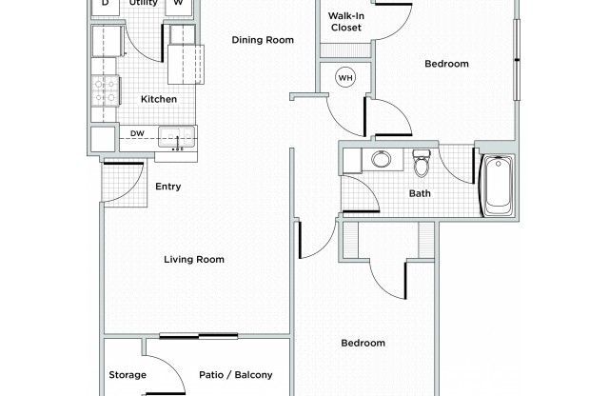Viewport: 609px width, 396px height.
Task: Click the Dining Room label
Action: point(264,40)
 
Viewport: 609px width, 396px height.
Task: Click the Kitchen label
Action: point(159,99)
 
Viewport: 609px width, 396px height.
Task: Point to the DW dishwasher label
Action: point(137,133)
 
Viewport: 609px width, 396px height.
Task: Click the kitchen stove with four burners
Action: point(105,90)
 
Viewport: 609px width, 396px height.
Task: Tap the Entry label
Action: point(168,187)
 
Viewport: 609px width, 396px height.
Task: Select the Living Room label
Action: point(194,259)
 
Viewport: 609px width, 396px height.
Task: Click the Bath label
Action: point(420,193)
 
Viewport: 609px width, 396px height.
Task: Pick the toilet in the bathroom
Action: point(422,165)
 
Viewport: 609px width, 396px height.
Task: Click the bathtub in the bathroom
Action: point(499,187)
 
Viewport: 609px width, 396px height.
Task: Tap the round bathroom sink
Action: point(382,159)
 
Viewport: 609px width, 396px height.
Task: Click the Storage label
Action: point(128,375)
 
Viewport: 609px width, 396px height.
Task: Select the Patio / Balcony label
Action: point(236,375)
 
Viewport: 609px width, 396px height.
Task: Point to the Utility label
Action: point(143,4)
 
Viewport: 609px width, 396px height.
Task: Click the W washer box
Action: point(178,5)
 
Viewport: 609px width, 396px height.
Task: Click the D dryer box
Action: point(105,5)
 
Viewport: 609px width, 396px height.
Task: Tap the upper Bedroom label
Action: point(446,64)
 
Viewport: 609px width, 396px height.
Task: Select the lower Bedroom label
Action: point(363,343)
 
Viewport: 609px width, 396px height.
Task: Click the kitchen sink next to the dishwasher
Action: point(176,137)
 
